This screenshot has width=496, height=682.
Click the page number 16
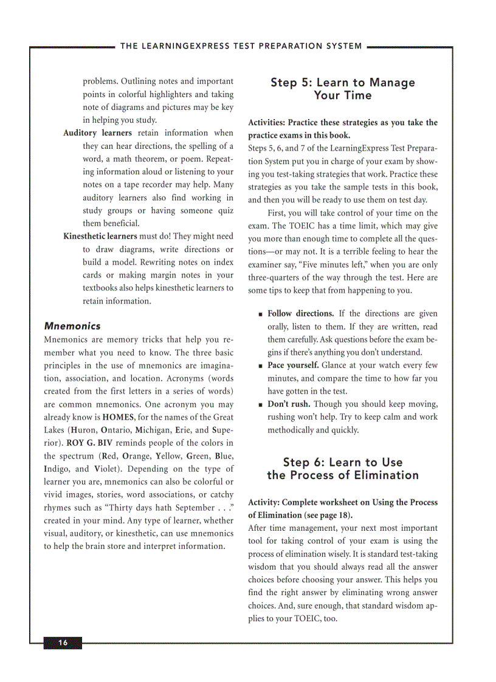[63, 643]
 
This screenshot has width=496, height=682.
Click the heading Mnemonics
[72, 326]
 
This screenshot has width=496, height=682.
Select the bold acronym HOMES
[119, 417]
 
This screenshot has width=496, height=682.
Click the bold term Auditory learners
[97, 133]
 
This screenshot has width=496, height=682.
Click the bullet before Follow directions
[260, 315]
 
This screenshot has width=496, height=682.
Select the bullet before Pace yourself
[260, 366]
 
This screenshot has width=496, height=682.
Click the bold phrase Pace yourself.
[293, 366]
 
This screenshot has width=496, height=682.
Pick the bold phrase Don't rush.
[289, 404]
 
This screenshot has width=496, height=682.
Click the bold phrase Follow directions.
[300, 314]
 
